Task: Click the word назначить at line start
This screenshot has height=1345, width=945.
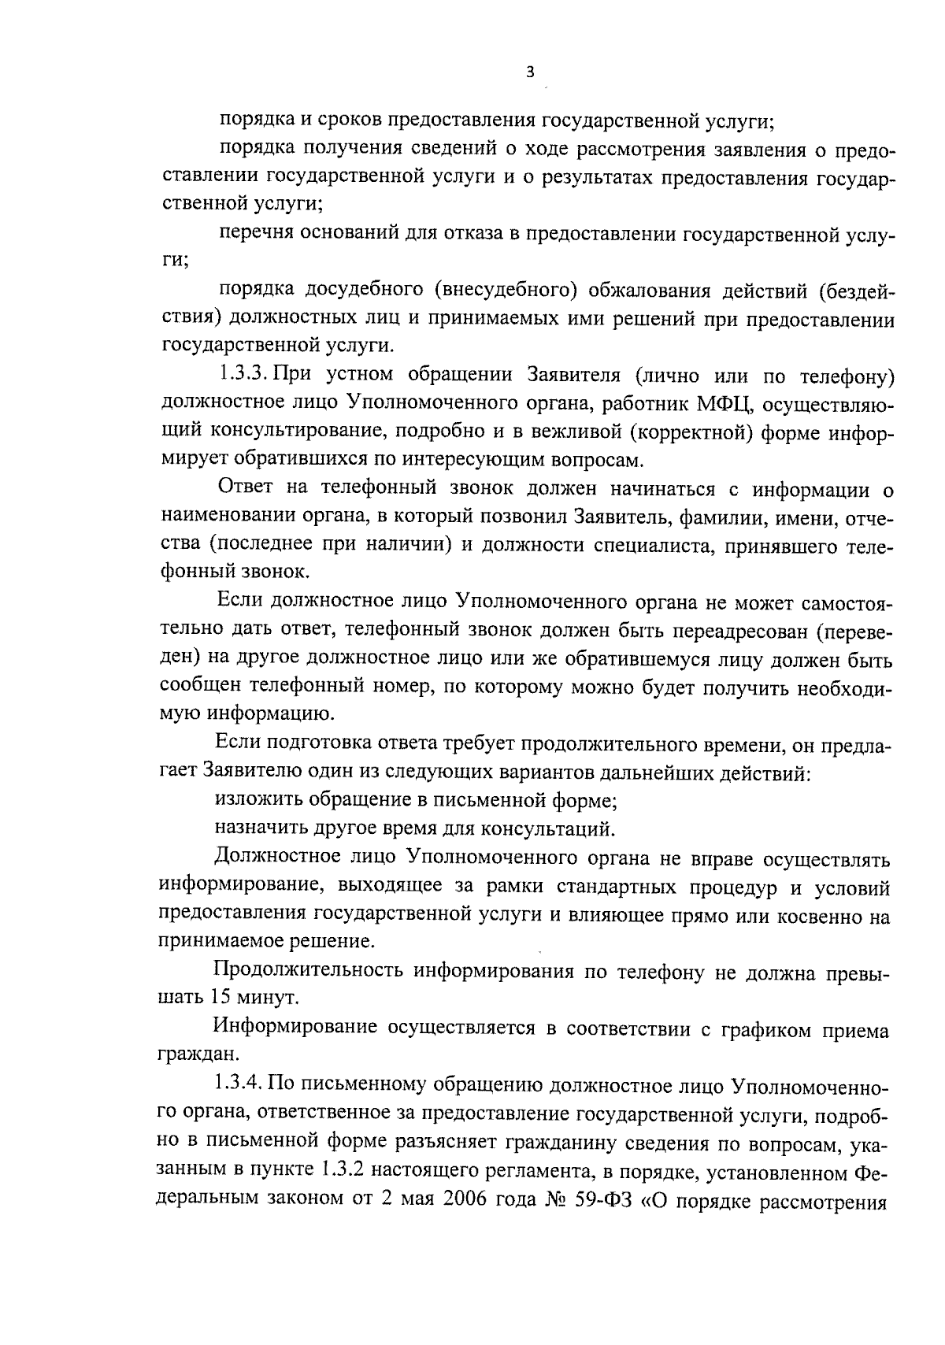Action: coord(265,828)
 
